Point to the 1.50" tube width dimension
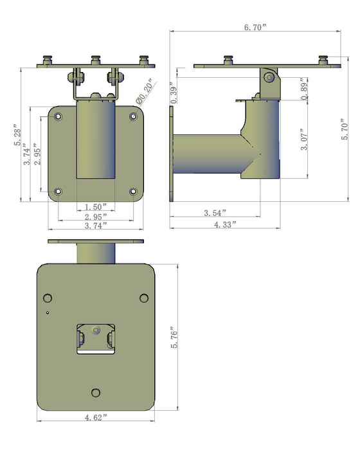tap(96, 207)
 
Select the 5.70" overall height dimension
tap(345, 129)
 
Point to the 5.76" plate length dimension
tap(175, 338)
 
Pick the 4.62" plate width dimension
tap(96, 417)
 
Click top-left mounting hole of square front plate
tap(59, 117)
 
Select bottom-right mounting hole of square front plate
tap(134, 191)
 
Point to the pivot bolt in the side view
tap(270, 78)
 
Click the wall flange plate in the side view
tap(171, 154)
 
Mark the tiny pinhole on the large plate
tap(48, 313)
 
